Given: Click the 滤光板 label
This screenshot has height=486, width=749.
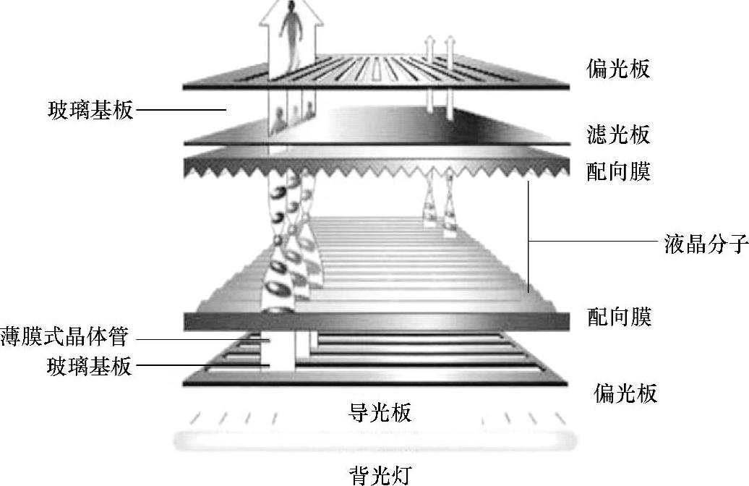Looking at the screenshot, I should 618,135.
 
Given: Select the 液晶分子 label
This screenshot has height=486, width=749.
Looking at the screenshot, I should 706,243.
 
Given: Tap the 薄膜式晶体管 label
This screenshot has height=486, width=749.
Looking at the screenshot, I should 65,337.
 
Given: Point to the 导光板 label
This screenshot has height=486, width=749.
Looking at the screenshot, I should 380,413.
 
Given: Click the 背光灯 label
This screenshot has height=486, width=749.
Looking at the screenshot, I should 380,474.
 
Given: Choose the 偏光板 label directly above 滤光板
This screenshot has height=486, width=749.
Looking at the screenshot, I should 618,69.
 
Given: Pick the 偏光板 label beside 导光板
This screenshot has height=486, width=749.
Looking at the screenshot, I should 625,393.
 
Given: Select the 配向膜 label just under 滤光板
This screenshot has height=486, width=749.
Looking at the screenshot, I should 619,171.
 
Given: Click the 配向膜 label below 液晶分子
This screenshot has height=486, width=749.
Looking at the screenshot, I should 619,317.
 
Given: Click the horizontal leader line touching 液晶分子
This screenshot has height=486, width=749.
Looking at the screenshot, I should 593,241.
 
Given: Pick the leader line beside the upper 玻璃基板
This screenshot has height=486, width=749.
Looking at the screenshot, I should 181,111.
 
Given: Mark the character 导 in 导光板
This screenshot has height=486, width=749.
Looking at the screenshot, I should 359,413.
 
